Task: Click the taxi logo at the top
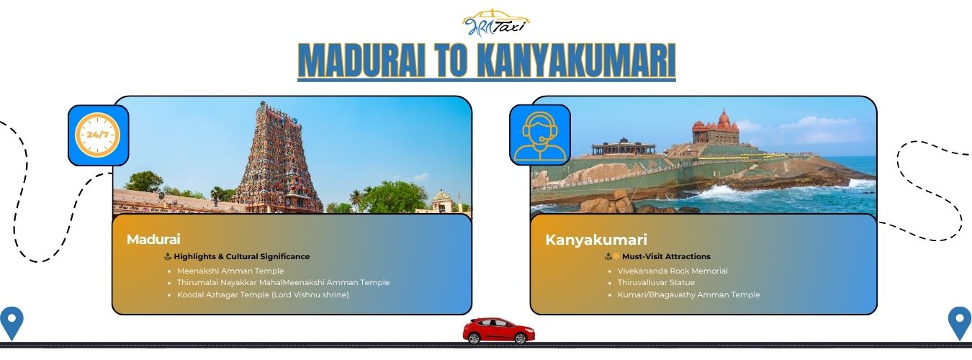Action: [x=496, y=22]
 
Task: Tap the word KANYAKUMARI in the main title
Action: [x=576, y=60]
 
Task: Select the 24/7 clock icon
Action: [x=98, y=135]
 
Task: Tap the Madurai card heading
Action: [x=153, y=240]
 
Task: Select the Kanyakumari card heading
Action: [x=595, y=240]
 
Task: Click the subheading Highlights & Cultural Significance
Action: [x=242, y=256]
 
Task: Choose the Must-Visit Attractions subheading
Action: [x=666, y=256]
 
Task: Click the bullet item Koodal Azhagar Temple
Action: [x=263, y=294]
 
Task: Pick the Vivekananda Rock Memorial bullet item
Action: [x=672, y=271]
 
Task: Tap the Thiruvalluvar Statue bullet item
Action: [x=656, y=282]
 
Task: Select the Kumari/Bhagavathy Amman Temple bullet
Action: [x=688, y=294]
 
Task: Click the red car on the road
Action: [x=498, y=331]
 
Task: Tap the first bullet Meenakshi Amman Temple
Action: [x=230, y=271]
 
